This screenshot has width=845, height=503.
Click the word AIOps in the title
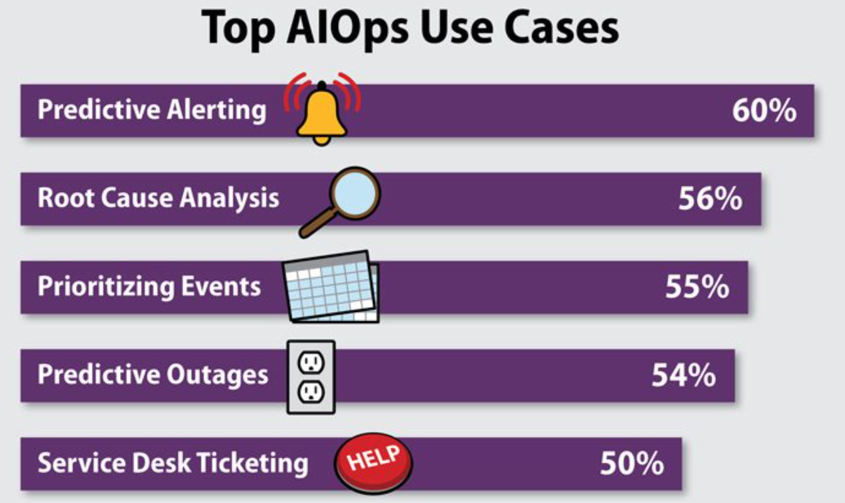[x=347, y=29]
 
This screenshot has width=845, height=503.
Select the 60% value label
[x=764, y=110]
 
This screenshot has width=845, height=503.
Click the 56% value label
[x=710, y=198]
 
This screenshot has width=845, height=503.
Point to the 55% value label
[x=697, y=287]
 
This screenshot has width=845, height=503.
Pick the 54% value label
[x=684, y=375]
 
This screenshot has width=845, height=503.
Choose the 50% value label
[x=632, y=463]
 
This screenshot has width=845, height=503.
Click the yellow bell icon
[x=322, y=113]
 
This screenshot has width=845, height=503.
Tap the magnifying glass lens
[x=355, y=193]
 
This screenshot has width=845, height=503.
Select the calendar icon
[x=331, y=287]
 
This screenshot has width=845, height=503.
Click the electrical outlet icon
[x=311, y=377]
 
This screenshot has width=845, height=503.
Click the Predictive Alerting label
[x=152, y=110]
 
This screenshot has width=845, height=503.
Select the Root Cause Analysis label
[x=158, y=198]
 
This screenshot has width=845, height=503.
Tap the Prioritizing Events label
[x=149, y=287]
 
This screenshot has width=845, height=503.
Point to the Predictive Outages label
[x=153, y=375]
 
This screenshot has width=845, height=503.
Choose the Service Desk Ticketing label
[x=173, y=463]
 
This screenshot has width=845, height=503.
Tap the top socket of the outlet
[x=311, y=363]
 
